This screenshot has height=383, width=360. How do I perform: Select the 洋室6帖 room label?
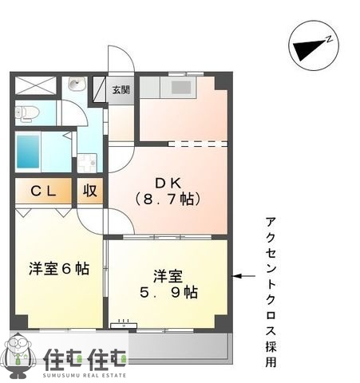(x=58, y=269)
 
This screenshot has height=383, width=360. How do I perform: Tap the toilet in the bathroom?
(x=26, y=113)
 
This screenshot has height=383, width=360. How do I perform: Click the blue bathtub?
(x=29, y=151)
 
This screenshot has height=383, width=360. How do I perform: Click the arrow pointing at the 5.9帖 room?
(x=244, y=277)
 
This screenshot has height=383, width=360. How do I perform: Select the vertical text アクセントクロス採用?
(x=271, y=292)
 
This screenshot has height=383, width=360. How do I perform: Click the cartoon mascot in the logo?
(x=21, y=355)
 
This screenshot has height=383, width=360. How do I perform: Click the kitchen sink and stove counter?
(x=175, y=85)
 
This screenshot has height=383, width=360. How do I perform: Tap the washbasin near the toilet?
(x=77, y=85)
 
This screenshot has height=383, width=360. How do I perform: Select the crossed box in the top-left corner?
(x=35, y=85)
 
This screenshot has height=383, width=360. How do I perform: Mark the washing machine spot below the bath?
(x=87, y=162)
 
